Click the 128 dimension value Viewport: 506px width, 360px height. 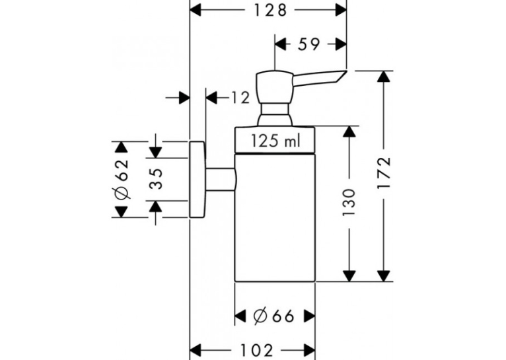tap(270, 11)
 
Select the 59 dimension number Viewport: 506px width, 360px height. tap(308, 44)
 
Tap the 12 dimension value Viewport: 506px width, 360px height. tap(240, 98)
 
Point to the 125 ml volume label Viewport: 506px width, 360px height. tap(275, 141)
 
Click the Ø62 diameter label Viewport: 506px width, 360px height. tap(122, 179)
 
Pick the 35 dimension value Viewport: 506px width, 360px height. tap(155, 179)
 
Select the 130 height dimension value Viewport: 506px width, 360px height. tap(349, 203)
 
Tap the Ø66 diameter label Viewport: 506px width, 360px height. tap(273, 316)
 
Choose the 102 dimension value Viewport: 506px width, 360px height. tap(257, 350)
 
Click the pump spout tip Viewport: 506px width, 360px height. tap(345, 71)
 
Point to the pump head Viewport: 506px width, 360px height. tap(275, 87)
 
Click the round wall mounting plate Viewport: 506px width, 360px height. tap(197, 180)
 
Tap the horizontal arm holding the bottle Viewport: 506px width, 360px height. tap(221, 180)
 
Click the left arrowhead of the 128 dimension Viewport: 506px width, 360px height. tap(196, 11)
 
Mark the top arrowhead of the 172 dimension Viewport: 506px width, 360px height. tap(384, 77)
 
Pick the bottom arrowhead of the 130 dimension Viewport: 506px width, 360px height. tap(349, 275)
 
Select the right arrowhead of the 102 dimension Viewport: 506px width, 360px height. tap(309, 350)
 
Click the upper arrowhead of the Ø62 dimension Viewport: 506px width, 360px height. tap(122, 147)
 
